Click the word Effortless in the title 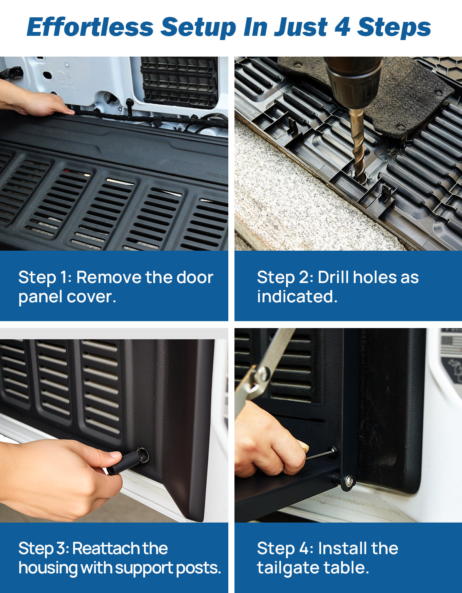point(90,27)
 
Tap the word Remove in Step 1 point(109,278)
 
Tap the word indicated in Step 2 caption point(297,296)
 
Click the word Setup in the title point(198,28)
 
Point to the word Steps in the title point(394,28)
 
